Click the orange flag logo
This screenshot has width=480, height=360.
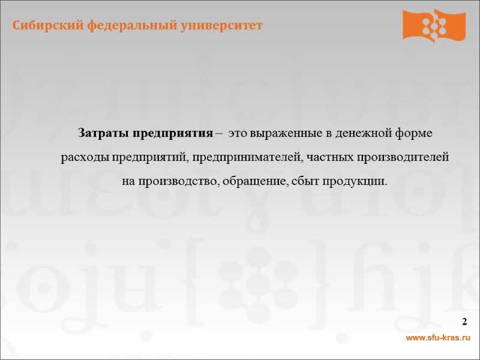tap(434, 25)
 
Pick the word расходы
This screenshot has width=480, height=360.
tap(83, 158)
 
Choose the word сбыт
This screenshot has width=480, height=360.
tap(301, 181)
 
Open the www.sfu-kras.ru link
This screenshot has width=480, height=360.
tap(437, 340)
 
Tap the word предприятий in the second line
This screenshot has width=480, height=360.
tap(148, 158)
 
